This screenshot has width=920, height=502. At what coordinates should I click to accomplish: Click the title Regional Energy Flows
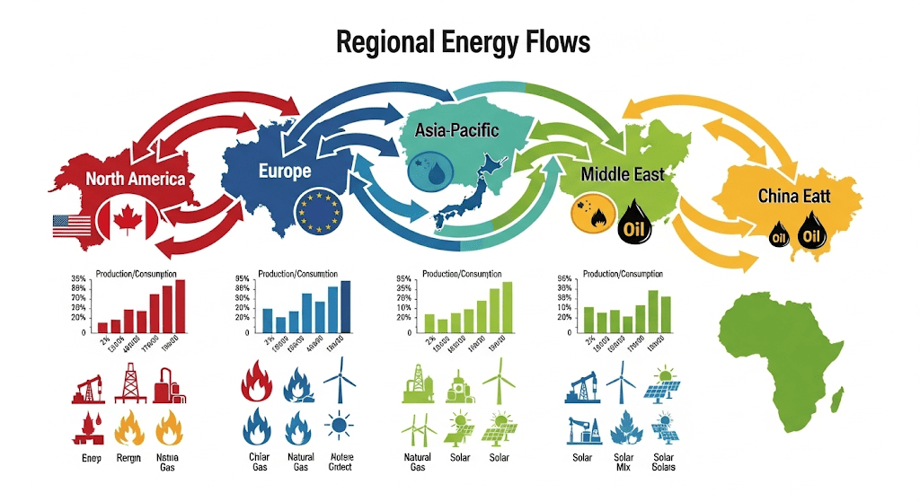click(463, 41)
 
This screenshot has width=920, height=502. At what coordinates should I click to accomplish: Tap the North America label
click(136, 178)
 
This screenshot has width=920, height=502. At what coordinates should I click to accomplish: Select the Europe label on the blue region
click(284, 171)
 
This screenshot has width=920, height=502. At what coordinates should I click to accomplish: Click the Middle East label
click(623, 172)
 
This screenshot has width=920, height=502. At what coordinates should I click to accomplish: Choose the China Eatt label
click(792, 195)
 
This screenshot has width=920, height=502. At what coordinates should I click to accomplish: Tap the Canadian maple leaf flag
click(127, 220)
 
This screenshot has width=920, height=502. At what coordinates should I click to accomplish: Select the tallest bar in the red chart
click(180, 306)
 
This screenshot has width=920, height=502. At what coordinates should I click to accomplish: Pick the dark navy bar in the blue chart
click(346, 306)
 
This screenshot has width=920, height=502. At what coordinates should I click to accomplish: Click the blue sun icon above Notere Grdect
click(340, 425)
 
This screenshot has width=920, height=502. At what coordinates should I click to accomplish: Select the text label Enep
click(83, 458)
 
